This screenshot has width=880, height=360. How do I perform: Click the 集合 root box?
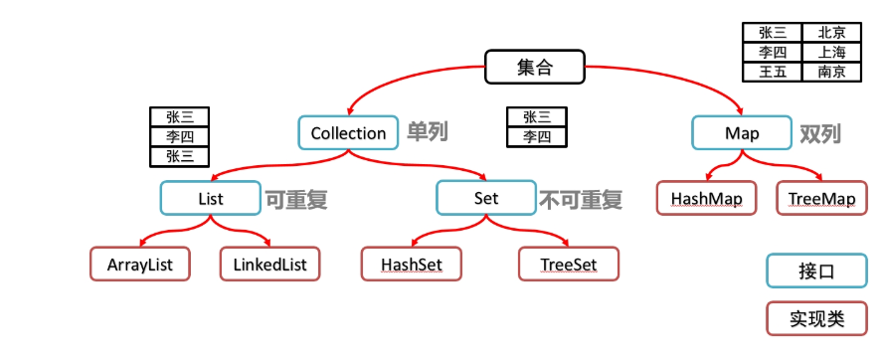(x=534, y=68)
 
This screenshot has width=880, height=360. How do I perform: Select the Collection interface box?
(x=348, y=132)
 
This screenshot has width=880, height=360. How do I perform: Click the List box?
(x=210, y=198)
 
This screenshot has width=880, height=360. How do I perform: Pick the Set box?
(x=486, y=198)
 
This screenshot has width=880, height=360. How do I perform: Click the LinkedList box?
(x=270, y=265)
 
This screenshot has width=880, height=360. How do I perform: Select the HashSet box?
(x=410, y=265)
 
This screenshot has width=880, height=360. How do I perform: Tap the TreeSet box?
(x=569, y=265)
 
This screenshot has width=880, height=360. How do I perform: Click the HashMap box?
(x=706, y=198)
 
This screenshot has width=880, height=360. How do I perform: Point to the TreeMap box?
(x=821, y=198)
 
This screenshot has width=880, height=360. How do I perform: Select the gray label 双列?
(x=821, y=133)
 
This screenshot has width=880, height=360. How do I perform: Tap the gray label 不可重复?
(x=581, y=199)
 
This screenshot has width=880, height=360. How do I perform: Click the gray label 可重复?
(x=295, y=199)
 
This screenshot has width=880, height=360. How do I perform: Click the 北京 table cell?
(x=832, y=33)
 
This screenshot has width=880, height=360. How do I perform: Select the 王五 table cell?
(x=772, y=72)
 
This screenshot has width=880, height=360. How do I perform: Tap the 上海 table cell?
(x=832, y=52)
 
